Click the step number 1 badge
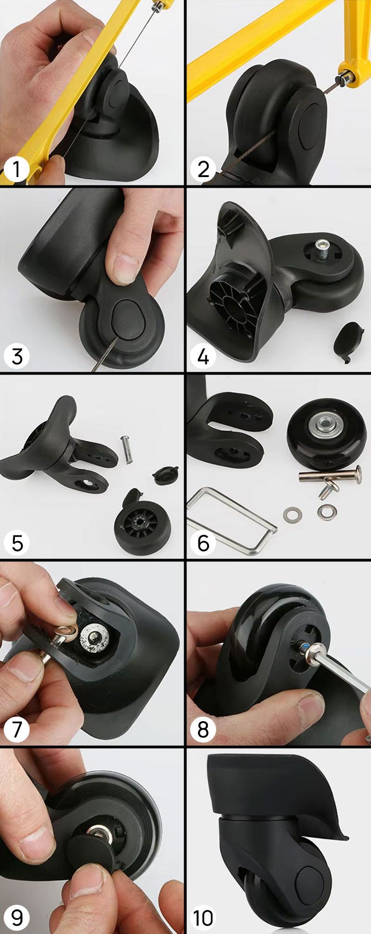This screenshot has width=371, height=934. (x=17, y=169)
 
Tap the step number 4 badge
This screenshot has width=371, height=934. (x=203, y=356)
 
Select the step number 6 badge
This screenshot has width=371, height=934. (x=203, y=543)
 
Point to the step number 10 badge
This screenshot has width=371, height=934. (x=203, y=917)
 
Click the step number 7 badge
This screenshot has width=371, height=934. (x=17, y=730)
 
